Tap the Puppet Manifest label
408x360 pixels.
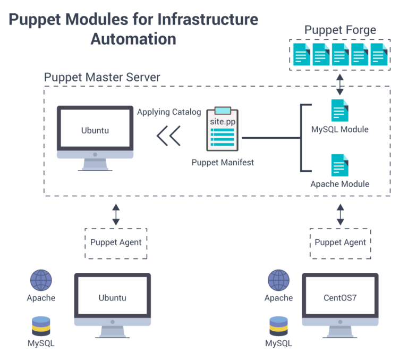[223, 162]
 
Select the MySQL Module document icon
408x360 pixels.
[339, 111]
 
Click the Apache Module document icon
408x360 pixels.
[339, 165]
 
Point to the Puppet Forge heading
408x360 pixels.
[340, 30]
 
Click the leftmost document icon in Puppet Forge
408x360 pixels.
[302, 55]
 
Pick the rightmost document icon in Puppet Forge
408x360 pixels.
[379, 55]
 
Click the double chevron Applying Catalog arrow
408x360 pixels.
[168, 136]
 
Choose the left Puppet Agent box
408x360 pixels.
[116, 242]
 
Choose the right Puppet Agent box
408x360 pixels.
[340, 242]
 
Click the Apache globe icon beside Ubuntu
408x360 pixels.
[41, 280]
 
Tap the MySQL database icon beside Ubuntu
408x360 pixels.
[41, 325]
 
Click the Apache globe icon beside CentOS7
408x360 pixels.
[278, 280]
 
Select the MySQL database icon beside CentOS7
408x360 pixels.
[278, 325]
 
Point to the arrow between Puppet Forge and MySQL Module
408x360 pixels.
[340, 85]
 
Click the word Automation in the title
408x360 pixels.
[133, 39]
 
